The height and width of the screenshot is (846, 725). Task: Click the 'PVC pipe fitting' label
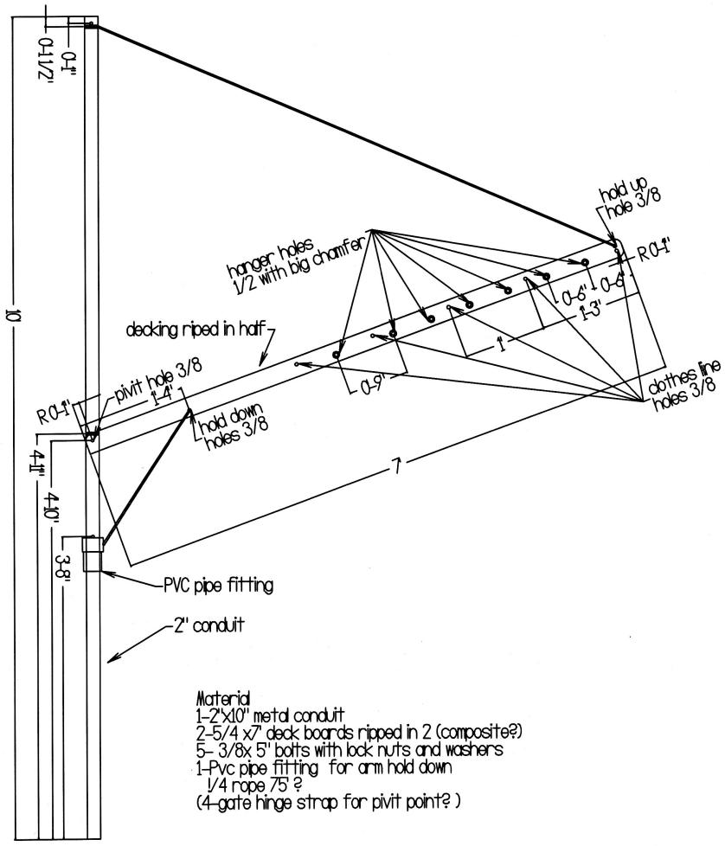[218, 586]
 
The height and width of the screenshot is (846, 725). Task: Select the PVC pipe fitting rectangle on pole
[93, 554]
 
